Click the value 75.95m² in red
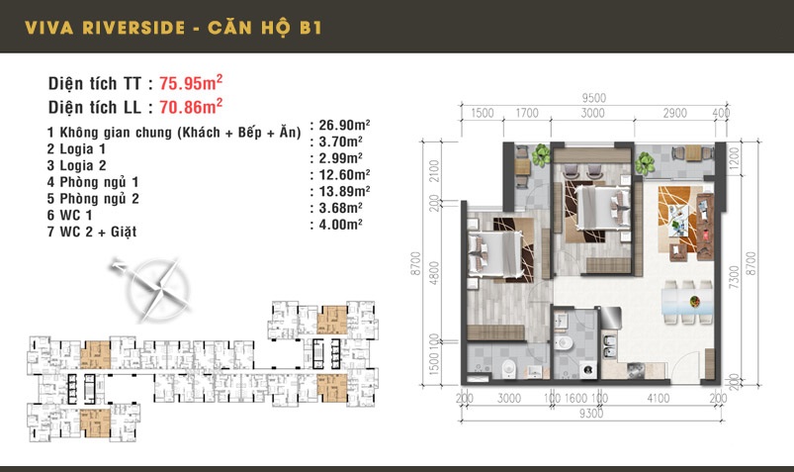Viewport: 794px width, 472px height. (191, 83)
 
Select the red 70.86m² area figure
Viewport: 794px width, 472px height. (191, 107)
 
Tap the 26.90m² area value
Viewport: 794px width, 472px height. (344, 125)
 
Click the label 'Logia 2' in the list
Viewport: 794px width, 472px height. (83, 165)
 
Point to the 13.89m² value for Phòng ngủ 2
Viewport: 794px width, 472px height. (344, 191)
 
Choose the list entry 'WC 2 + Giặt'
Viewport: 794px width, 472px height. (98, 232)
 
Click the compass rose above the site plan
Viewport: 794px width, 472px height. (152, 288)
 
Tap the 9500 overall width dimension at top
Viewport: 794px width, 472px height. (593, 98)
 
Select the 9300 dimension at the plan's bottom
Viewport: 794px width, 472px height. (591, 414)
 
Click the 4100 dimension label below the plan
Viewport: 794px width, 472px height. (659, 399)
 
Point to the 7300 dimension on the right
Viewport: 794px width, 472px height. (734, 277)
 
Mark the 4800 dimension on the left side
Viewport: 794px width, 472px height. (434, 273)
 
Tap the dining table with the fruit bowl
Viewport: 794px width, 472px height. (687, 302)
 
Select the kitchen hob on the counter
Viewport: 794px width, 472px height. (637, 371)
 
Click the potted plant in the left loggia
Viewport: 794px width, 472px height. (541, 154)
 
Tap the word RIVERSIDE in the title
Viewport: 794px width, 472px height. (133, 28)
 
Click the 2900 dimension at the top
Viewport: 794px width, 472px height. (675, 113)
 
